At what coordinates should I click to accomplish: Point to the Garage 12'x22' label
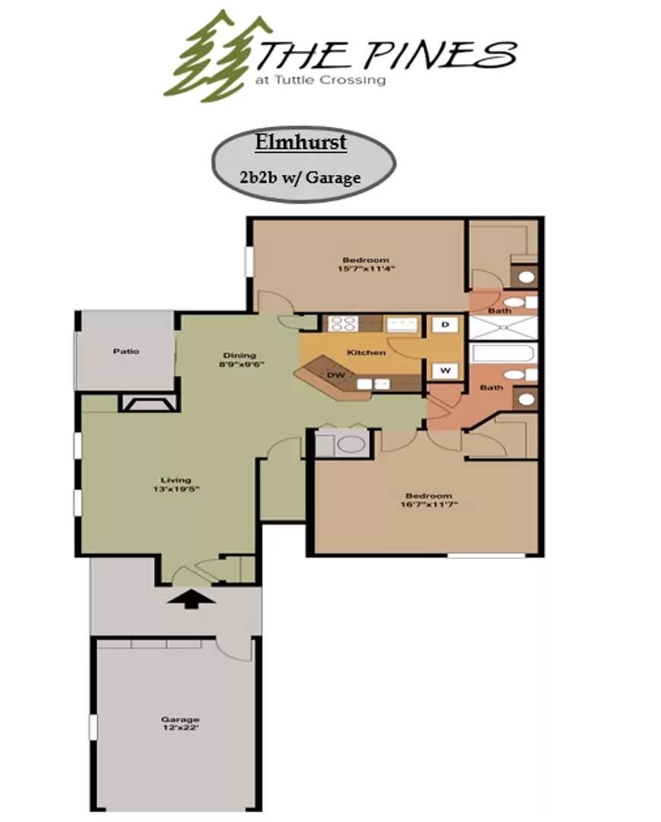point(180,724)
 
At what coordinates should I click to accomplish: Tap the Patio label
point(126,352)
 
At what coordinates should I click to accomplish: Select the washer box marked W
point(445,371)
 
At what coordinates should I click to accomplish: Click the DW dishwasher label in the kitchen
point(335,375)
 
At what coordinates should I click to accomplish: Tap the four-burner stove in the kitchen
point(344,324)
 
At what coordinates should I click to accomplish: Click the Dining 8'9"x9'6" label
point(240,359)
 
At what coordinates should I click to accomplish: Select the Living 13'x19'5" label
point(171,485)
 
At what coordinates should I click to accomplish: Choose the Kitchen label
point(366,353)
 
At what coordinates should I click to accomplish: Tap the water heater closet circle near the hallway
point(351,444)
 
